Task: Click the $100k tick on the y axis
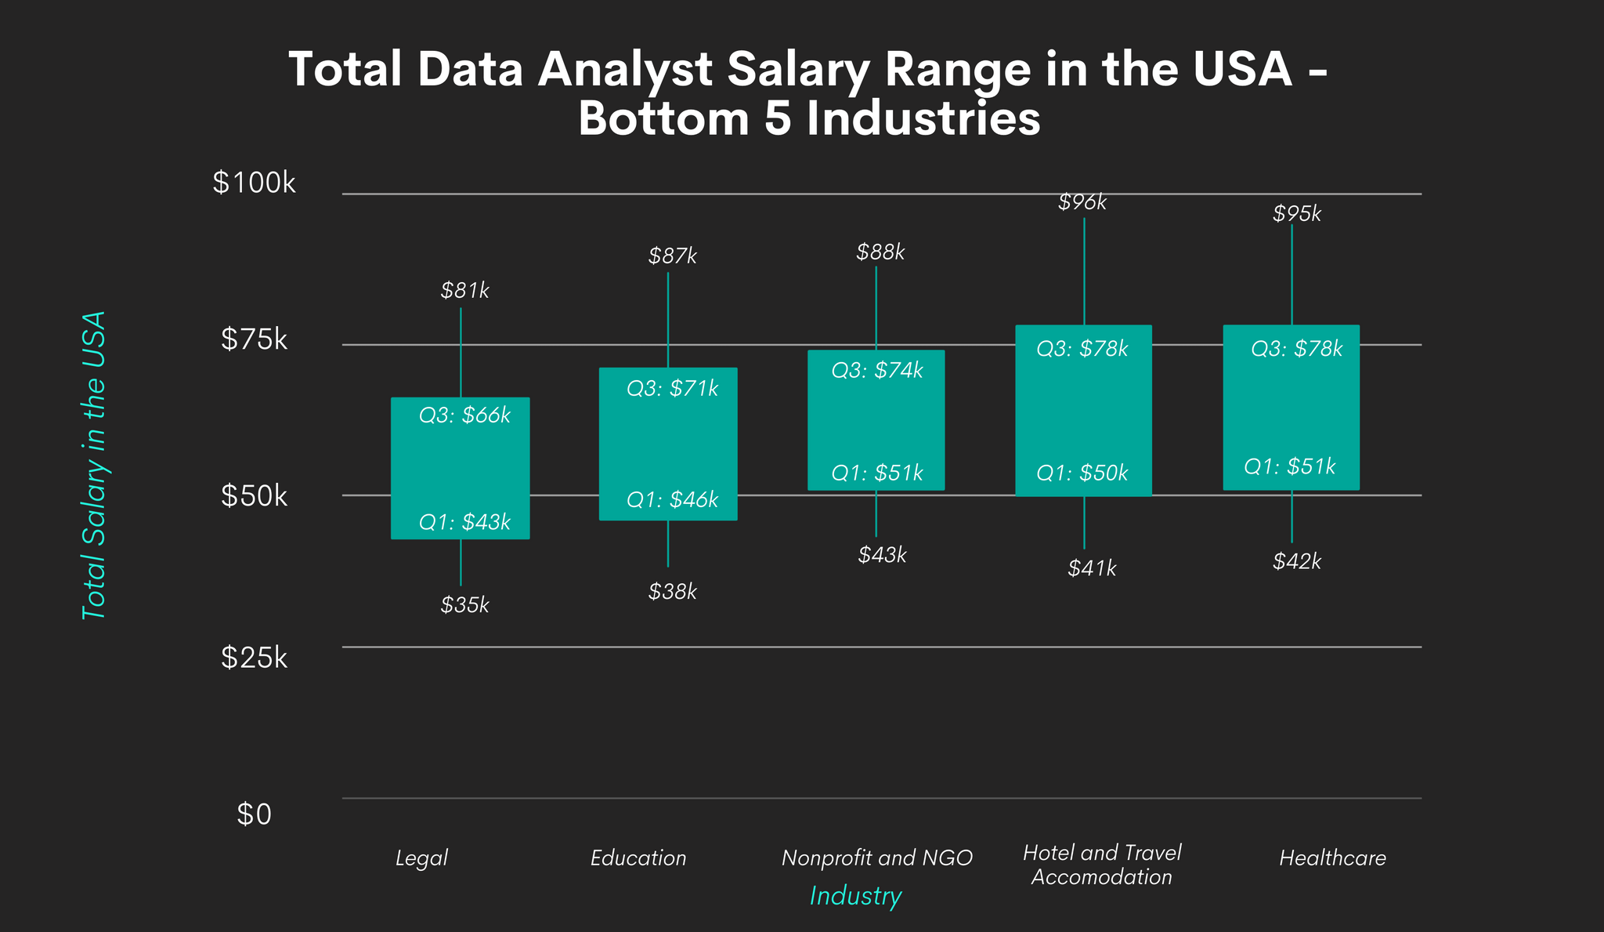pyautogui.click(x=254, y=183)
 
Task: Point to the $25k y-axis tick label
pyautogui.click(x=254, y=658)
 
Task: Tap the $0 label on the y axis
pyautogui.click(x=254, y=814)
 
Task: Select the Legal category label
pyautogui.click(x=421, y=858)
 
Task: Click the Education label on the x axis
pyautogui.click(x=638, y=858)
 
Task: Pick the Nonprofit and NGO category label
pyautogui.click(x=876, y=858)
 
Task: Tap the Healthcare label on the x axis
pyautogui.click(x=1332, y=858)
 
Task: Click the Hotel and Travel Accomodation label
pyautogui.click(x=1102, y=865)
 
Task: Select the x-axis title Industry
pyautogui.click(x=855, y=896)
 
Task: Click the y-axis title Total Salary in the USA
pyautogui.click(x=94, y=466)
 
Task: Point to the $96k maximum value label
pyautogui.click(x=1082, y=202)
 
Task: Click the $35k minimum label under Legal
pyautogui.click(x=464, y=605)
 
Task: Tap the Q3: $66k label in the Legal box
pyautogui.click(x=464, y=415)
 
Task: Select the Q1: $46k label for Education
pyautogui.click(x=672, y=499)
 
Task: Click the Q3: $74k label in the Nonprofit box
pyautogui.click(x=877, y=370)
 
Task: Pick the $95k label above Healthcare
pyautogui.click(x=1297, y=213)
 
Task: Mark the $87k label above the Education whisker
pyautogui.click(x=672, y=256)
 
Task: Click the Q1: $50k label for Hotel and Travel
pyautogui.click(x=1082, y=473)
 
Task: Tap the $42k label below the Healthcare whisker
pyautogui.click(x=1297, y=561)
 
